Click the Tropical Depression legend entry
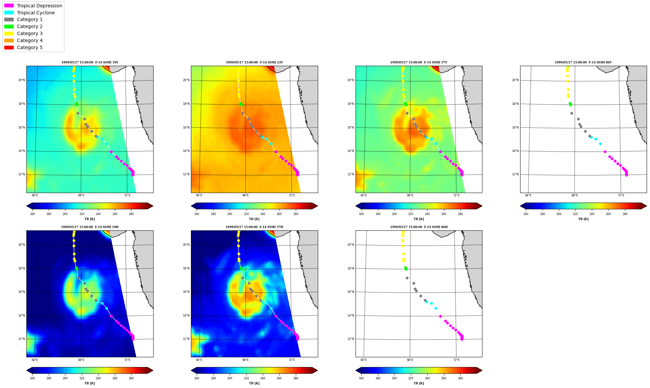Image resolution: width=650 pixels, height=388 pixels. pyautogui.click(x=33, y=6)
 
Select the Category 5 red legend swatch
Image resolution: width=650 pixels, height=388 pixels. pyautogui.click(x=9, y=47)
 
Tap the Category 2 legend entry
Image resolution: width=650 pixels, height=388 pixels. pyautogui.click(x=23, y=26)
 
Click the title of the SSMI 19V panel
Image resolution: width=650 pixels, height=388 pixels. pyautogui.click(x=90, y=62)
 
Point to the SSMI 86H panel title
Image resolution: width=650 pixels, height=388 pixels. pyautogui.click(x=419, y=227)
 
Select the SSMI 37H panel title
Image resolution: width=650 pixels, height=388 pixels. pyautogui.click(x=254, y=227)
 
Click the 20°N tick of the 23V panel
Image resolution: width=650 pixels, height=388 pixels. pyautogui.click(x=186, y=80)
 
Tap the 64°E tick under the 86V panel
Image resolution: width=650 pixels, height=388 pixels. pyautogui.click(x=528, y=195)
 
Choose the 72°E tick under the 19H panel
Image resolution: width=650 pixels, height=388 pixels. pyautogui.click(x=127, y=360)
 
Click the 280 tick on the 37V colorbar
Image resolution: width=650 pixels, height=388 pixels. pyautogui.click(x=460, y=214)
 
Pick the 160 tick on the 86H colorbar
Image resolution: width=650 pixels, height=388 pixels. pyautogui.click(x=361, y=379)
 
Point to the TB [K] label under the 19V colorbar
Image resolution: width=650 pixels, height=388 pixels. pyautogui.click(x=90, y=219)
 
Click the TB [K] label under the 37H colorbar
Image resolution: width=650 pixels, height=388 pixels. pyautogui.click(x=254, y=383)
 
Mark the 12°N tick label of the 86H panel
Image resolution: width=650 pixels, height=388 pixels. pyautogui.click(x=351, y=339)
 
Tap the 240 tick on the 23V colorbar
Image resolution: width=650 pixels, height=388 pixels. pyautogui.click(x=263, y=214)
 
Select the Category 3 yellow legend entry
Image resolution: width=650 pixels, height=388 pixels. pyautogui.click(x=23, y=33)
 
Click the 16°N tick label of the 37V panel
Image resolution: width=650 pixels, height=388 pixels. pyautogui.click(x=351, y=128)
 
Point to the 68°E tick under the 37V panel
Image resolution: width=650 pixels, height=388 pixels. pyautogui.click(x=410, y=195)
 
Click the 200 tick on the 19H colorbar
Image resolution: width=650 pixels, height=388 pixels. pyautogui.click(x=65, y=379)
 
